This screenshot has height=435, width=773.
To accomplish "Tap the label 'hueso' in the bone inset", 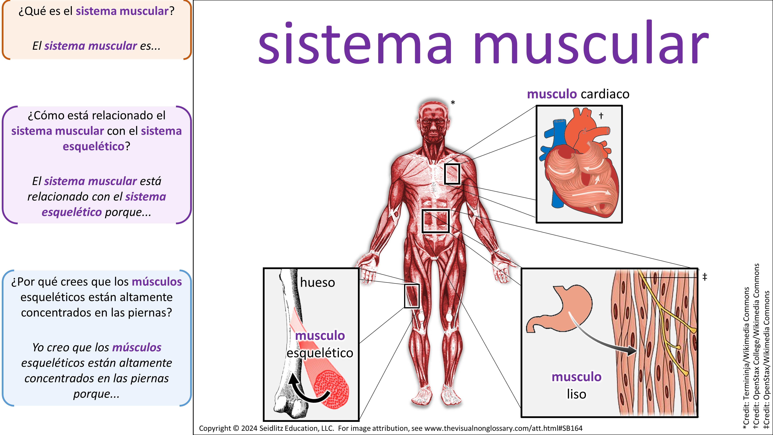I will click(318, 282).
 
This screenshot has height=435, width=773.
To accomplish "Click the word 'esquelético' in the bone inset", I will click(320, 353).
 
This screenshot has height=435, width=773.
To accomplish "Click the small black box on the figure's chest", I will click(452, 174).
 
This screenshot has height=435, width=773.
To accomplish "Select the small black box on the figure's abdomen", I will click(435, 221).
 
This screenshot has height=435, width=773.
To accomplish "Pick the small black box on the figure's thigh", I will click(411, 296).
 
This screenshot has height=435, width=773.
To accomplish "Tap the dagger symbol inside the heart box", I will click(601, 116).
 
